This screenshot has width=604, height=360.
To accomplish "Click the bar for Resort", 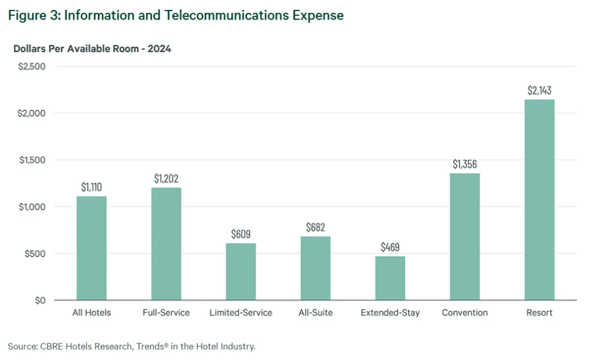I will (x=539, y=200).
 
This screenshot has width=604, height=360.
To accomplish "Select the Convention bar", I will (x=465, y=237).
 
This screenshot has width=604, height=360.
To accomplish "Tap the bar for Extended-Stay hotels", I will (x=390, y=278).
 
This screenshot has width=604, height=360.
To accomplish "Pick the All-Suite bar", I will (x=316, y=268).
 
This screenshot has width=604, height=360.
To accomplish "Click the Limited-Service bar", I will (x=241, y=271).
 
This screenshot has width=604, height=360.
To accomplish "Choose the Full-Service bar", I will (x=166, y=244).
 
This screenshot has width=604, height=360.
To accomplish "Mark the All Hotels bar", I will (x=91, y=248).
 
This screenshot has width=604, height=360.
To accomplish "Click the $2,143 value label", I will (x=539, y=91).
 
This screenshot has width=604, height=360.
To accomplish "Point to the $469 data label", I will (x=390, y=247).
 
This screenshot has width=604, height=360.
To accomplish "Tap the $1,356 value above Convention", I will (x=465, y=164).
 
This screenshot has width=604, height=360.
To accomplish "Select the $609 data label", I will (x=241, y=234).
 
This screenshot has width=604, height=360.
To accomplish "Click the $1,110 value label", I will (x=91, y=187).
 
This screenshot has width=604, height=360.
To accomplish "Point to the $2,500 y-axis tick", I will (x=32, y=66).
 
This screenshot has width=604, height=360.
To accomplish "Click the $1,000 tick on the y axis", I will (x=32, y=207).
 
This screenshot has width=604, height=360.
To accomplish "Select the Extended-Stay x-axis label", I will (x=390, y=313).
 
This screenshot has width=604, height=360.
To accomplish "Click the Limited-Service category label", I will (x=241, y=313).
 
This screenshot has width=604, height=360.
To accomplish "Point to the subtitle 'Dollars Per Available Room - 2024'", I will (x=92, y=49).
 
